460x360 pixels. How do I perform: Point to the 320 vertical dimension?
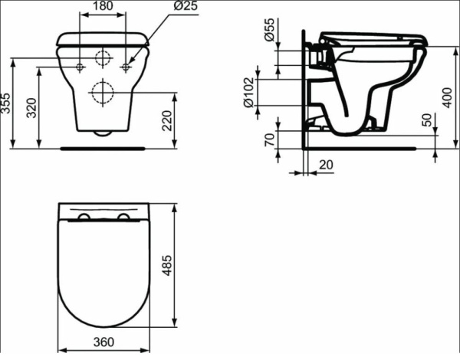click(30, 108)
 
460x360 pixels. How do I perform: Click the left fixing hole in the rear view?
click(80, 67)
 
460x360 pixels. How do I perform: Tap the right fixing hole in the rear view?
click(126, 67)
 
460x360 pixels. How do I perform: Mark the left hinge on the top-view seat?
click(84, 218)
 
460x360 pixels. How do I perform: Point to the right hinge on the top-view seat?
click(123, 218)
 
